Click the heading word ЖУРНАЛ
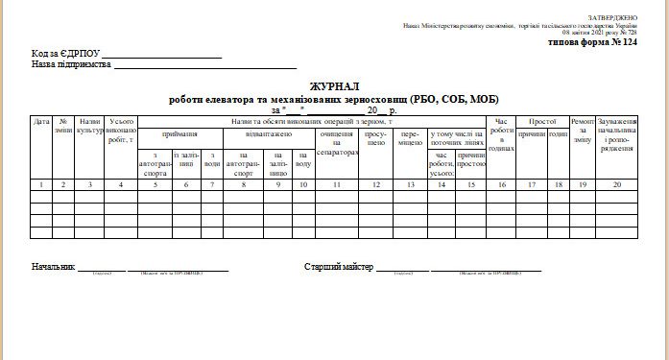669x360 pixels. [x=334, y=87]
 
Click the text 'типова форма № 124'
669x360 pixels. [x=591, y=43]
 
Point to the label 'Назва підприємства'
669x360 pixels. [x=71, y=65]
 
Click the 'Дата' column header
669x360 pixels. [x=41, y=122]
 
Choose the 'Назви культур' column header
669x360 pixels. [x=90, y=126]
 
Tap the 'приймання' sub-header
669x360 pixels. [x=180, y=135]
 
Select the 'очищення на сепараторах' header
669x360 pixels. [x=336, y=144]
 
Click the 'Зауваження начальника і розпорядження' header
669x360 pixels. [x=617, y=135]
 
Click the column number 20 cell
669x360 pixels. [x=617, y=183]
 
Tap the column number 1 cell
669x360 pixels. [x=41, y=183]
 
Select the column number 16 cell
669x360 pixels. [x=501, y=183]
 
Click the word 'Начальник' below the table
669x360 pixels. [x=53, y=266]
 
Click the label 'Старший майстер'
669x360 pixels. [x=338, y=266]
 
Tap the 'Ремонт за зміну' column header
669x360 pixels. [x=583, y=132]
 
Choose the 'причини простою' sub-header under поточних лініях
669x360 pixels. [x=470, y=158]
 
